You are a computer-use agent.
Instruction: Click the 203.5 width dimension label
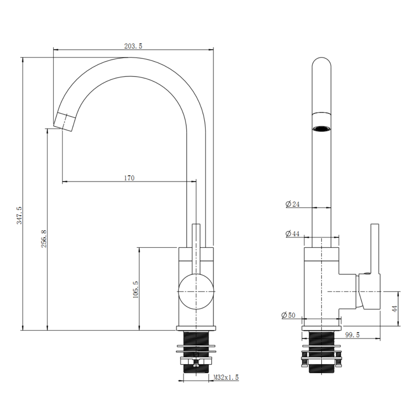[133, 46]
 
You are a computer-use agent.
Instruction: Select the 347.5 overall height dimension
[20, 215]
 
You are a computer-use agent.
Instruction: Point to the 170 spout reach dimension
[129, 178]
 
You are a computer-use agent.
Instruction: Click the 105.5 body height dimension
[136, 289]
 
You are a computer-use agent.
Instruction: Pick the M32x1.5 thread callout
[226, 377]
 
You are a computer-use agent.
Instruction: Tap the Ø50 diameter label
[289, 315]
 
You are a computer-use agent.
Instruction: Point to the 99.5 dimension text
[352, 335]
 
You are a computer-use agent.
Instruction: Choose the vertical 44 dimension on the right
[395, 309]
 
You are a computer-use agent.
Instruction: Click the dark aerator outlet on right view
[321, 128]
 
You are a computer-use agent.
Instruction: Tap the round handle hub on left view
[196, 291]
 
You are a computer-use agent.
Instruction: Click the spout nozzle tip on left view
[65, 122]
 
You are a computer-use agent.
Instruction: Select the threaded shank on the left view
[196, 352]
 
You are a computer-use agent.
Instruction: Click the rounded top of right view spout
[321, 63]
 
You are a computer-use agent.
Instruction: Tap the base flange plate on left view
[196, 328]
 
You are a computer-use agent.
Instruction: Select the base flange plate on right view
[322, 328]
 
